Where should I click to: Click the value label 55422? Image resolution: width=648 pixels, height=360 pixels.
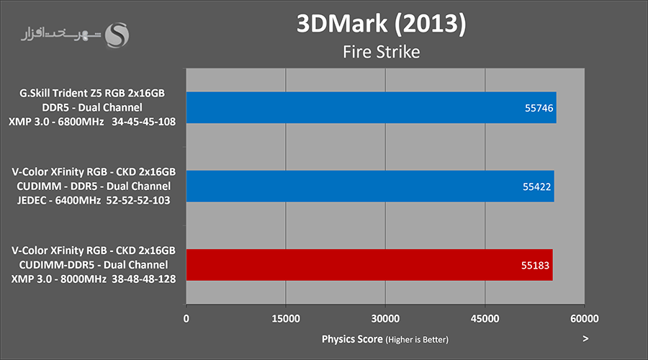point(536,186)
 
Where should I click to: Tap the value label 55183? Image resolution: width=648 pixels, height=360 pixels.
point(536,265)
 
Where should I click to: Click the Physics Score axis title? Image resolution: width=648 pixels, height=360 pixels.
point(352,338)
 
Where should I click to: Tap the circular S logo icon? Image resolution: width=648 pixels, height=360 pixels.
point(118,34)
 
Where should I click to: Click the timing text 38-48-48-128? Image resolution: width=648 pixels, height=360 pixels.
point(145,279)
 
